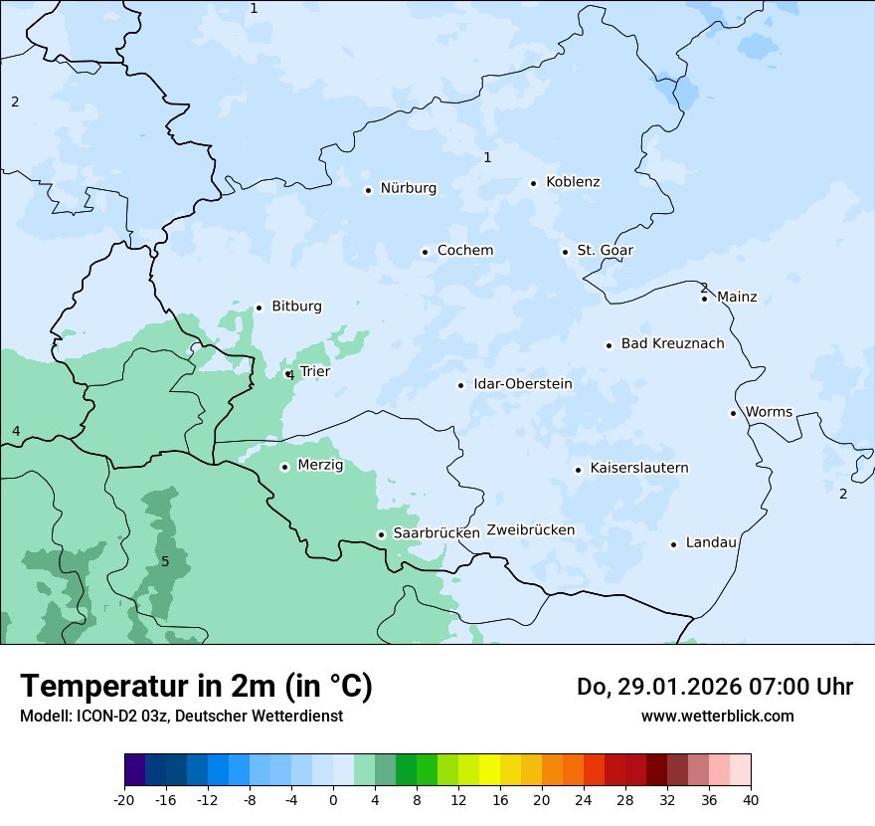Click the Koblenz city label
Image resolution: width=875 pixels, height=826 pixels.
click(573, 182)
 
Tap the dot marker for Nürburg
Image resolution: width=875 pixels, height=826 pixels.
click(368, 190)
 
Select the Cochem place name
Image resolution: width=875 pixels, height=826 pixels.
click(465, 250)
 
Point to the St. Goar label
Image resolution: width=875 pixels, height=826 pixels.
click(605, 250)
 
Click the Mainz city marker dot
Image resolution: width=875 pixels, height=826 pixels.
click(704, 299)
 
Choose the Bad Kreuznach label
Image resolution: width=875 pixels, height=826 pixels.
click(672, 343)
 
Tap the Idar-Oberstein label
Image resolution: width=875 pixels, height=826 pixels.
click(522, 383)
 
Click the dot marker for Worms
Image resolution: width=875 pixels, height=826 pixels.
click(733, 413)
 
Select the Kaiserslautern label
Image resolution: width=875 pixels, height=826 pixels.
click(639, 468)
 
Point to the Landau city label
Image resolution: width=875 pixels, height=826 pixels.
click(711, 542)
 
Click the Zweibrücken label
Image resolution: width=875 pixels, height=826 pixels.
click(530, 530)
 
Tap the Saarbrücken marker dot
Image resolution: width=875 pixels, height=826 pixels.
click(381, 534)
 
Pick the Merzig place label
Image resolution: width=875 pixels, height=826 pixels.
click(320, 465)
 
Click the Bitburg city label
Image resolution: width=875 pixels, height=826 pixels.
click(296, 306)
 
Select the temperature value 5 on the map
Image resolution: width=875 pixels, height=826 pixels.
click(165, 562)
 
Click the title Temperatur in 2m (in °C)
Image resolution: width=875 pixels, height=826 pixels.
click(196, 686)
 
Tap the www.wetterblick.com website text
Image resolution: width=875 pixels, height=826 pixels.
click(717, 716)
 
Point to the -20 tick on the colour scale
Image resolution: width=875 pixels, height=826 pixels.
click(124, 799)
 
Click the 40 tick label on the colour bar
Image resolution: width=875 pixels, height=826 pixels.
click(751, 799)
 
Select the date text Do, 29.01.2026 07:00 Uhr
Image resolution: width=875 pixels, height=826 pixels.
click(714, 687)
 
